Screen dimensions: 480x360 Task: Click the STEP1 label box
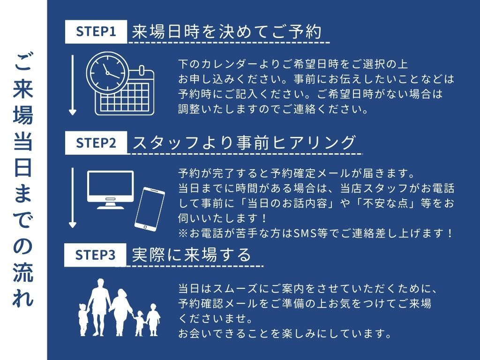(96, 32)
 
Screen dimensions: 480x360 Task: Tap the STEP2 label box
(96, 143)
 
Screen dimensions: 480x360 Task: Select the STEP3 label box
(95, 255)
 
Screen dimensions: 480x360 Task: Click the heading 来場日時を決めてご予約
(227, 31)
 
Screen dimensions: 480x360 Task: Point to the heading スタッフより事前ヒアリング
(244, 142)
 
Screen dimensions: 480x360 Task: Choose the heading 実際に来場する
(192, 255)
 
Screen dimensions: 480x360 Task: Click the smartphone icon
(150, 209)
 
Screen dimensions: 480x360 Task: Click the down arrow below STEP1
(73, 85)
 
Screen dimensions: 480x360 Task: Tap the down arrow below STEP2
(73, 197)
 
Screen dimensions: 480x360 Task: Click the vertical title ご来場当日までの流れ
(23, 180)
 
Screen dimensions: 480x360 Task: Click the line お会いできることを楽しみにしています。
(285, 333)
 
